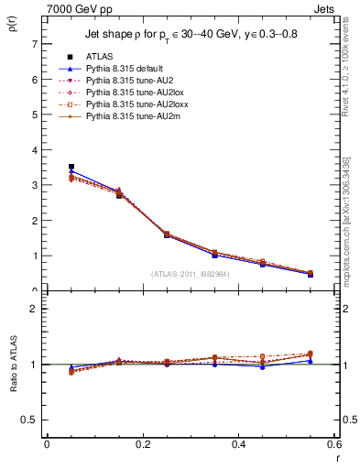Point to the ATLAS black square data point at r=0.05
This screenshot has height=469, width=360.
71,167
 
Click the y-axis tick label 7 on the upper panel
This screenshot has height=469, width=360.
34,44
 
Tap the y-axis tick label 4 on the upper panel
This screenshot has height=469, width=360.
34,150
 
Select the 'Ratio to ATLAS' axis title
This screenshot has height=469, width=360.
14,364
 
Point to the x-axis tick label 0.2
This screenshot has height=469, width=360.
142,444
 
